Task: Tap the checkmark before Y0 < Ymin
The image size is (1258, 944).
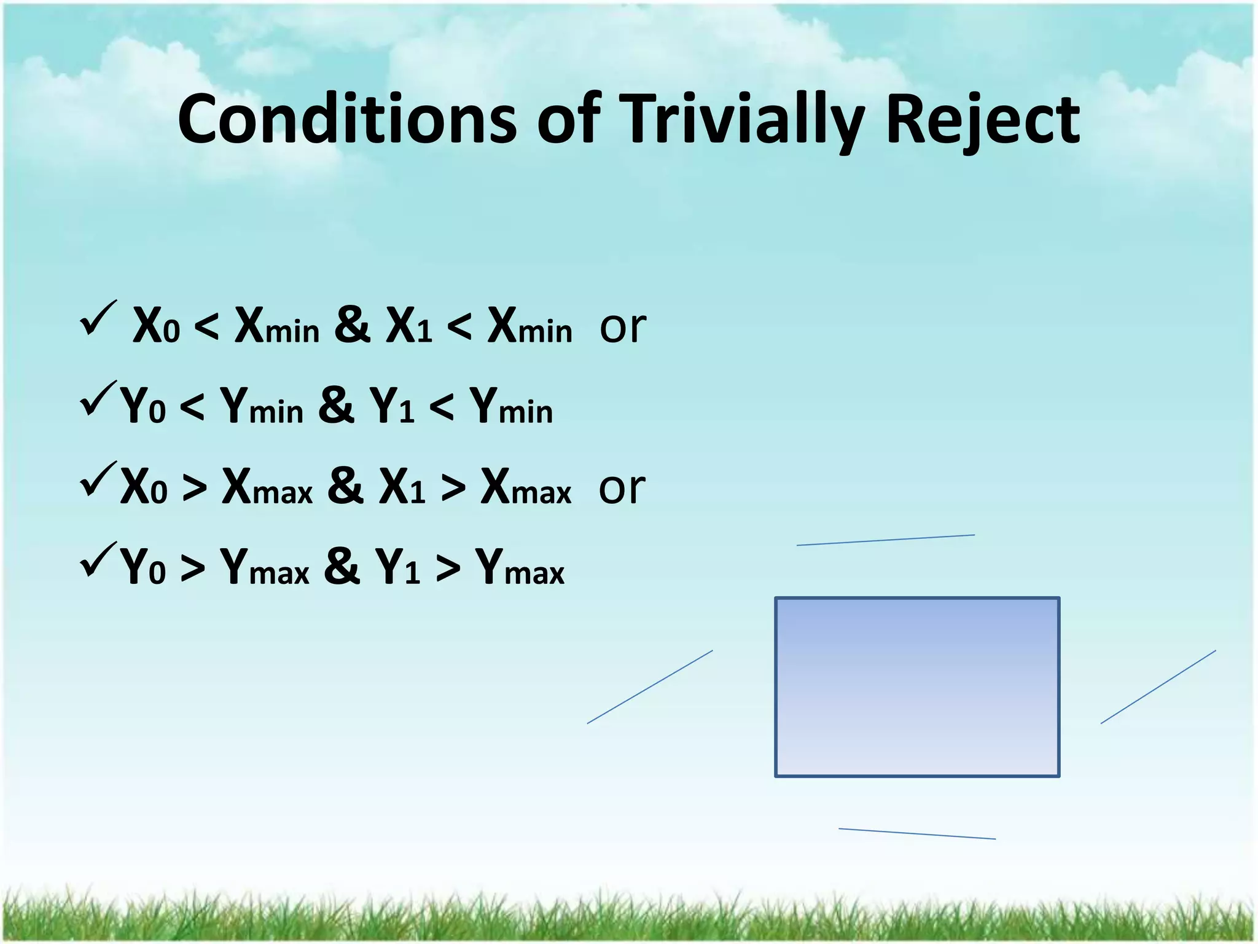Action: tap(98, 399)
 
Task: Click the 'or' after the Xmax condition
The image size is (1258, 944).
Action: tap(622, 489)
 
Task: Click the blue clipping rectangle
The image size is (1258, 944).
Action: tap(917, 686)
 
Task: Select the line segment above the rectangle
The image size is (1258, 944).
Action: tap(885, 540)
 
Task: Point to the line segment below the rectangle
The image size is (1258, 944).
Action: tap(916, 834)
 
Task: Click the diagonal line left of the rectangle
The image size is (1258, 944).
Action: tap(650, 687)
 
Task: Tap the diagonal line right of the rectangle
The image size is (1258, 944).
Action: tap(1158, 687)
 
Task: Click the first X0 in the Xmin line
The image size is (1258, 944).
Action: tap(156, 326)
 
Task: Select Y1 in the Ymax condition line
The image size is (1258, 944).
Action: tap(397, 567)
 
